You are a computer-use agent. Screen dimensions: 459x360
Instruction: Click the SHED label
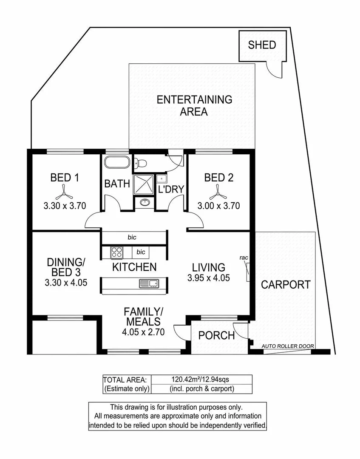click(x=262, y=45)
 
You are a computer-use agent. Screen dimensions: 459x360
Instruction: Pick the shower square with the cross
click(x=144, y=184)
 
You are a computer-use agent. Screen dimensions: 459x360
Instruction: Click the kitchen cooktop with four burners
click(x=116, y=252)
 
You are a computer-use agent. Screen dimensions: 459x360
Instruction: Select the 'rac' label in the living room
click(x=244, y=258)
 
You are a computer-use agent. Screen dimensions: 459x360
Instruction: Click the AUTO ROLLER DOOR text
click(x=288, y=346)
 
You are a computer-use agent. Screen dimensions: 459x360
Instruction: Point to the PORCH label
click(x=217, y=335)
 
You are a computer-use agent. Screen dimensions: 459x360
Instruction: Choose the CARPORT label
click(x=286, y=285)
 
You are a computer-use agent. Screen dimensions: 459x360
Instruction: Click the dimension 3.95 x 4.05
click(x=208, y=278)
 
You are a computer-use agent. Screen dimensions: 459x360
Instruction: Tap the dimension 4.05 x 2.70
click(x=142, y=332)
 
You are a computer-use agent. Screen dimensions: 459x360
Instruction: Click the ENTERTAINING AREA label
click(x=194, y=105)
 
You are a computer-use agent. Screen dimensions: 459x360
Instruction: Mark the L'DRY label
click(x=171, y=190)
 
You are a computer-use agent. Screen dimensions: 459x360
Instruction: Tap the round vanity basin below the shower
click(x=144, y=202)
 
